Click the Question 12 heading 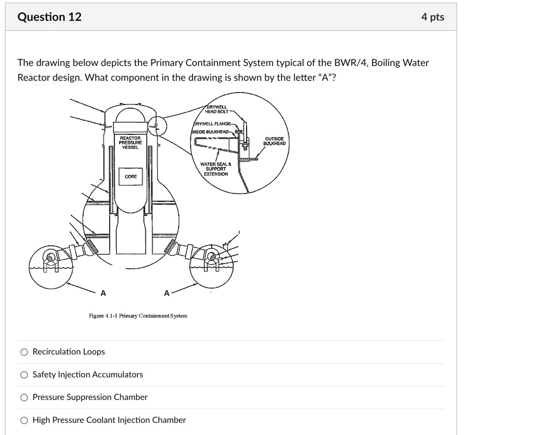pos(50,17)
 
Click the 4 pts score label pos(433,17)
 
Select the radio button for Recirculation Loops pos(24,352)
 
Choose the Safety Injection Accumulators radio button pos(24,375)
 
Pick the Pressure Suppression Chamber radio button pos(24,397)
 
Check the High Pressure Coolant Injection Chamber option pos(24,420)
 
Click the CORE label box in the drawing pos(131,177)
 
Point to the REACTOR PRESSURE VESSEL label pos(130,142)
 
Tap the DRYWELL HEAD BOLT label pos(216,109)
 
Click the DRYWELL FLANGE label pos(215,124)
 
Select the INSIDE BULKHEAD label pos(211,131)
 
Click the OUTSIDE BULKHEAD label pos(274,141)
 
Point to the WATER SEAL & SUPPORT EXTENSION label pos(215,169)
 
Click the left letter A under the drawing pos(103,293)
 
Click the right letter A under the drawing pos(167,293)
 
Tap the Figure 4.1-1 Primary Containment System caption pos(138,316)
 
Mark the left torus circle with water pos(50,259)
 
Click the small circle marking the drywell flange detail pos(156,126)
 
